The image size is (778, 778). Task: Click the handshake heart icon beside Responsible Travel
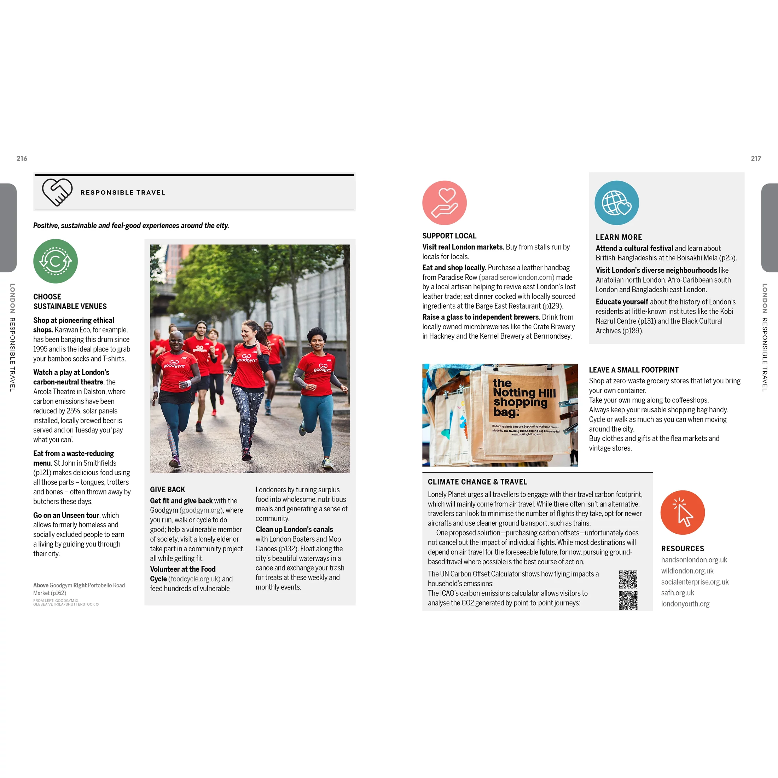coord(57,192)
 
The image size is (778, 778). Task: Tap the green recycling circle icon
coord(56,261)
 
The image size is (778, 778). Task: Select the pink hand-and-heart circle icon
coord(444,203)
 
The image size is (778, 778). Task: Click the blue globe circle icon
coord(616,203)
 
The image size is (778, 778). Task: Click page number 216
coord(22,159)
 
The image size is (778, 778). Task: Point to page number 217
coord(756,159)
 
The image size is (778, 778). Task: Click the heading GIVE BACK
coord(168,490)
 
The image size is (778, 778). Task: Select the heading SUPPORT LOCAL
coord(449,236)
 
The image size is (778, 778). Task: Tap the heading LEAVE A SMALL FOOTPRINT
coord(633,370)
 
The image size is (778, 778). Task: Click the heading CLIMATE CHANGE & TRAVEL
coord(477,482)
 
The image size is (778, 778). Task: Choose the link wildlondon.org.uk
coord(687,571)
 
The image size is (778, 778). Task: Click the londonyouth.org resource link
coord(685,604)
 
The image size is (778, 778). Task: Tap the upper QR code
coord(628,579)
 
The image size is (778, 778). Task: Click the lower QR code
coord(628,600)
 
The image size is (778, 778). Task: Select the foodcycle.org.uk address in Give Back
coord(194,579)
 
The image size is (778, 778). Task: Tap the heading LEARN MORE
coord(619,238)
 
